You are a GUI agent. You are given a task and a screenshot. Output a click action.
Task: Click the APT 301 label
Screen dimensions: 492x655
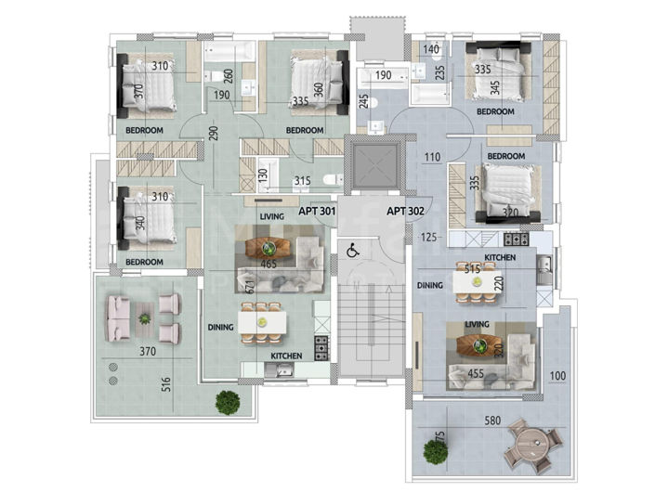316,213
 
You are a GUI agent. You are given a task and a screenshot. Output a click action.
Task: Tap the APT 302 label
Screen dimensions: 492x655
405,213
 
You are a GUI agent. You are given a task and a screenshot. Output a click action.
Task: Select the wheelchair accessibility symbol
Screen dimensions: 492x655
353,251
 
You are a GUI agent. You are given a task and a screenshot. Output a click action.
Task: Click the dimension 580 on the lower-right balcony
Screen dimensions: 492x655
491,421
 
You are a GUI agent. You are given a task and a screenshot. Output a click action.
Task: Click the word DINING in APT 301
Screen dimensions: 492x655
219,327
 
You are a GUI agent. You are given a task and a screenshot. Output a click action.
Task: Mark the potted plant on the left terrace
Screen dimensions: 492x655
225,403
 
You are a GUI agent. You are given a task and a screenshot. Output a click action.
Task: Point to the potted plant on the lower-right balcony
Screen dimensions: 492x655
435,452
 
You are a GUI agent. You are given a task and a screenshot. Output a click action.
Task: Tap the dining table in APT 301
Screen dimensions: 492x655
263,321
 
